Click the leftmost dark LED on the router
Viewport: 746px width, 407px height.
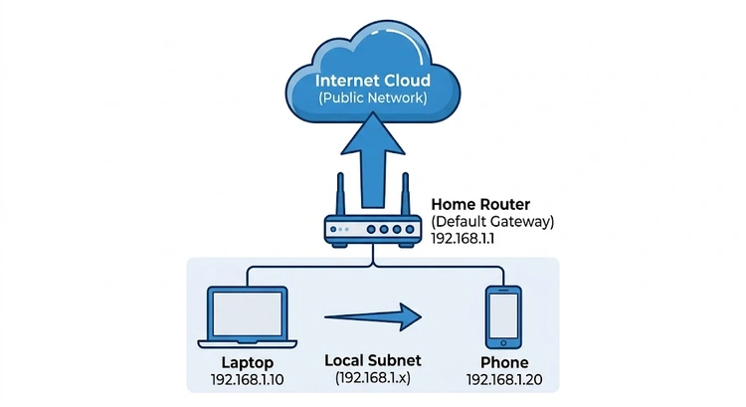coord(335,231)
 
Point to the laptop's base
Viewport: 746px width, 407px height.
coord(247,343)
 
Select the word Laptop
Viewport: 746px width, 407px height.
coord(247,363)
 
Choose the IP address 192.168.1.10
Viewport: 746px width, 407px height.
coord(247,381)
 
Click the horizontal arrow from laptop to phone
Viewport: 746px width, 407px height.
coord(373,318)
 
